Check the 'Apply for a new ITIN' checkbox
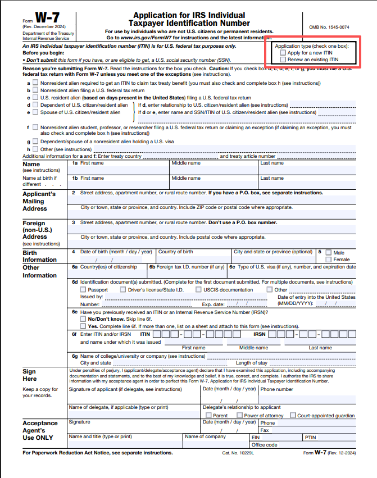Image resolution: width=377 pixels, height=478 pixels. (x=282, y=52)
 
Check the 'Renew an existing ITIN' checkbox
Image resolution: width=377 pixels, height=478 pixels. (x=282, y=59)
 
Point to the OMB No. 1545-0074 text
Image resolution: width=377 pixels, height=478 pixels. (x=329, y=27)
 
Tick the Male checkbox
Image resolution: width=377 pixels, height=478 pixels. (x=328, y=253)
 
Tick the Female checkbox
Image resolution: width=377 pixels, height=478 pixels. (x=328, y=260)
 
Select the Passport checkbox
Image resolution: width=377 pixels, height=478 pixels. (x=83, y=290)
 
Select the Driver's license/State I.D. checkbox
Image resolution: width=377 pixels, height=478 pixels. (x=123, y=290)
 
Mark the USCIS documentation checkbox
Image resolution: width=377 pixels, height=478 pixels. (x=199, y=290)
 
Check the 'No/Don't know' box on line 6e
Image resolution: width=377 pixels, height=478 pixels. (x=83, y=318)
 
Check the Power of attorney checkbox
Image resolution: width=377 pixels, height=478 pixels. (x=239, y=416)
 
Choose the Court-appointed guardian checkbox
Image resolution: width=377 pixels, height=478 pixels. (x=293, y=416)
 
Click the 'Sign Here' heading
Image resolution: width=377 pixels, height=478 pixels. (x=29, y=375)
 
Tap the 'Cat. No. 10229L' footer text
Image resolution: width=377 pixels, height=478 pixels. (x=239, y=453)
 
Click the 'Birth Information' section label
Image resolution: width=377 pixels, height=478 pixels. (x=39, y=256)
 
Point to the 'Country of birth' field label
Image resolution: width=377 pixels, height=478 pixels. (x=175, y=252)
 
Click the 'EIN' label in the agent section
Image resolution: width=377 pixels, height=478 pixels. (x=256, y=436)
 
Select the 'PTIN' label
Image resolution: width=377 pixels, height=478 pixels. (x=311, y=436)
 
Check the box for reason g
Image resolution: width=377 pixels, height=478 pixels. (x=35, y=142)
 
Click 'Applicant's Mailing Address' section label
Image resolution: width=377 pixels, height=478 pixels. (x=39, y=201)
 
